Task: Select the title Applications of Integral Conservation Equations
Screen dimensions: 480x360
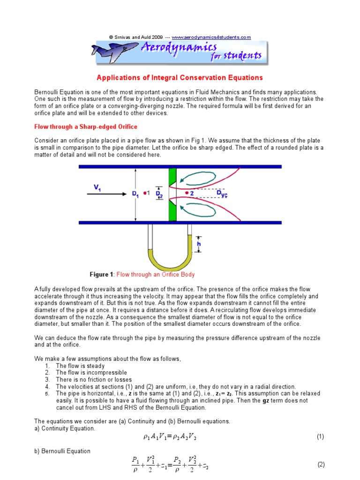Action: coord(180,77)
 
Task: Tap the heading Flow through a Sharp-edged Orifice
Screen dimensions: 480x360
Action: coord(86,127)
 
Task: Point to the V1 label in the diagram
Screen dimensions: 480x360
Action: coord(97,187)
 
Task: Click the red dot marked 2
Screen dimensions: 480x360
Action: coord(187,193)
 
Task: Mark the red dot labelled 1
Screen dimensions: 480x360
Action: coord(145,193)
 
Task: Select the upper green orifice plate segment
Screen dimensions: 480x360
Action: coord(172,177)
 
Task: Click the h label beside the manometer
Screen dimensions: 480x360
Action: coord(199,244)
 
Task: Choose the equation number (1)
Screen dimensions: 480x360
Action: coord(320,436)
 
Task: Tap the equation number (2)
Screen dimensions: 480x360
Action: coord(321,465)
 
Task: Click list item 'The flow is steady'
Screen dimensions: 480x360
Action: coord(80,366)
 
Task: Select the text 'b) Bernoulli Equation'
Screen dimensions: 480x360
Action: coord(62,451)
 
